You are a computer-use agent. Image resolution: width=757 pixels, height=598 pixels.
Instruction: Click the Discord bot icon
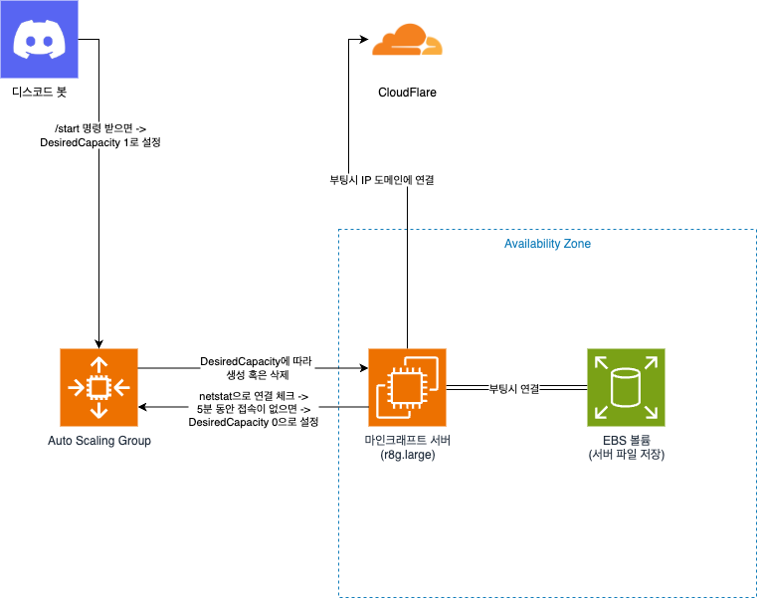tap(39, 39)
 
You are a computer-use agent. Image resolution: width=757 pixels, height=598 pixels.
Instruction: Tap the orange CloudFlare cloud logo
tap(407, 40)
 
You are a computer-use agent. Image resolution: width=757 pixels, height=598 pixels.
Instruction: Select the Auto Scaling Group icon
tap(98, 387)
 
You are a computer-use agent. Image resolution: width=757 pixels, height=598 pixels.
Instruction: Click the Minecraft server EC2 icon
tap(407, 387)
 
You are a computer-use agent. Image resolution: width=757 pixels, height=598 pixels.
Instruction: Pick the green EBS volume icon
tap(626, 387)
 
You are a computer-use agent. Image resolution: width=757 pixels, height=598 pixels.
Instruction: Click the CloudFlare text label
tap(407, 93)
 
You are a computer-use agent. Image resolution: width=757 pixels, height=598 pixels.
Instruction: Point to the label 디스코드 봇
tap(39, 92)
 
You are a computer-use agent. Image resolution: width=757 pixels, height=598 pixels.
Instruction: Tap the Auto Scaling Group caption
tap(98, 441)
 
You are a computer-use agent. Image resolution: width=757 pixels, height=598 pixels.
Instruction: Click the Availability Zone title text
tap(547, 244)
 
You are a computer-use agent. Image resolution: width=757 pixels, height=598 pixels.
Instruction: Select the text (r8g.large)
tap(408, 455)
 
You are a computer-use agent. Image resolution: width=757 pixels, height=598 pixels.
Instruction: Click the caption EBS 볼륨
tap(626, 440)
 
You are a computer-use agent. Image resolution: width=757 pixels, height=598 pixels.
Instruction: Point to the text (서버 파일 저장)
tap(626, 455)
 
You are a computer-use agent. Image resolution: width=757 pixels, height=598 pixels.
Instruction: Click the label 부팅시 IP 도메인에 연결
tap(381, 180)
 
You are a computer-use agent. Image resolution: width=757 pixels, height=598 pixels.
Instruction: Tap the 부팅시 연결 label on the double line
tap(514, 389)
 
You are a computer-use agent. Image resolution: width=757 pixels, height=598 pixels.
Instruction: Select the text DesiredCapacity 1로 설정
tap(99, 142)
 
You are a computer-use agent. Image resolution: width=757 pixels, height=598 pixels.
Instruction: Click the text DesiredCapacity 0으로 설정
tap(253, 422)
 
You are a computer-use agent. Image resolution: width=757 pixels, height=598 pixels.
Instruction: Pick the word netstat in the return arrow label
tap(216, 397)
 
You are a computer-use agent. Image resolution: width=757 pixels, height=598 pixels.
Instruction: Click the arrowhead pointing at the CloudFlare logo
tap(364, 39)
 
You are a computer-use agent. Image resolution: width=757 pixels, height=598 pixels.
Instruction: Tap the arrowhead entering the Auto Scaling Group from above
tap(98, 343)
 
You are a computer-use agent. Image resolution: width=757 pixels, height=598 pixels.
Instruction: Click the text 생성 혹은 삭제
tap(258, 374)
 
